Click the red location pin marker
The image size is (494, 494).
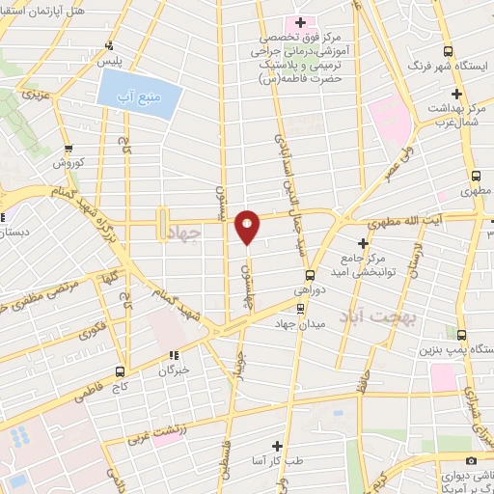coord(247,227)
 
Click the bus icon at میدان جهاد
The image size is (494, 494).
coord(300,310)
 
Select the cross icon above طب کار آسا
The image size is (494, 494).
coord(278,445)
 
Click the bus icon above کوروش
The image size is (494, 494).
coord(68,150)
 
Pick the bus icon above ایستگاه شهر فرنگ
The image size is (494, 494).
coord(446,51)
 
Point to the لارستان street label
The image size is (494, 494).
coord(416,261)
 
